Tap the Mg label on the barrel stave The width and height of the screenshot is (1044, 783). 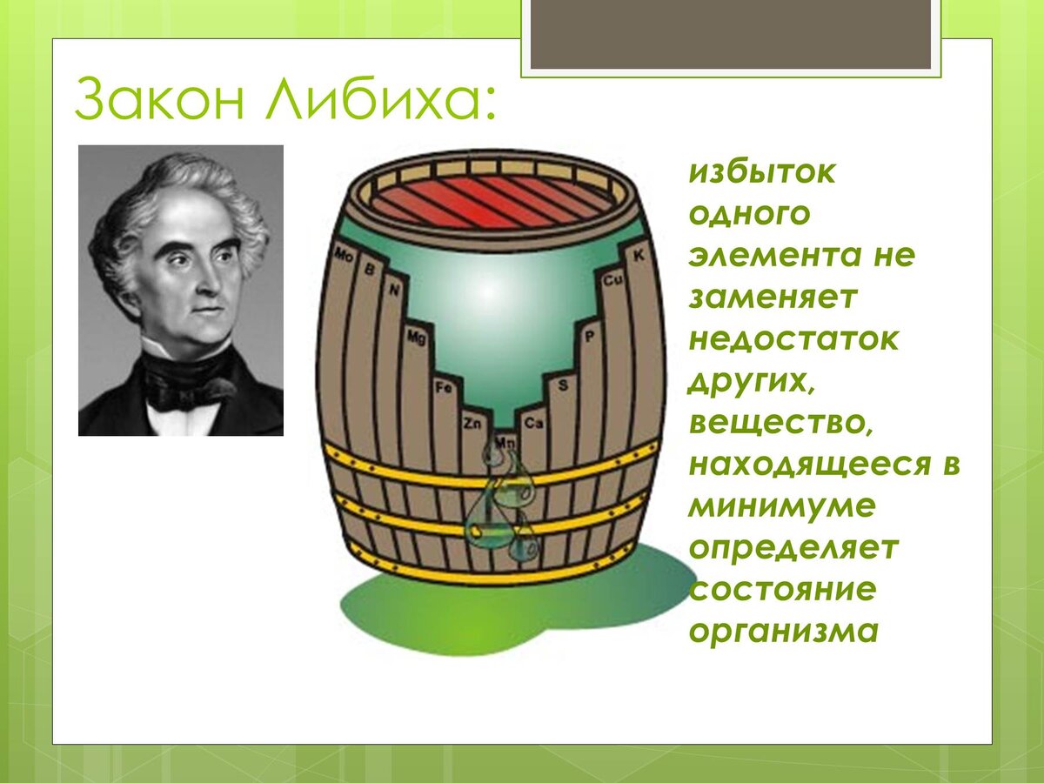(416, 337)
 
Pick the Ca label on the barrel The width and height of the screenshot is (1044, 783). (534, 424)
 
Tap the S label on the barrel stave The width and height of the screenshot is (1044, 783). (562, 384)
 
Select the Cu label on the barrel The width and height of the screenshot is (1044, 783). (612, 280)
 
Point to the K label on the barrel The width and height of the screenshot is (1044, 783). (639, 255)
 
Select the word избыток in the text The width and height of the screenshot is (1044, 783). (762, 172)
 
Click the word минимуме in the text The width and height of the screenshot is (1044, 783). (780, 506)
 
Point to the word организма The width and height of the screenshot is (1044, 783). (782, 631)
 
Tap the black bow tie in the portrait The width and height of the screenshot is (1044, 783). (186, 378)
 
